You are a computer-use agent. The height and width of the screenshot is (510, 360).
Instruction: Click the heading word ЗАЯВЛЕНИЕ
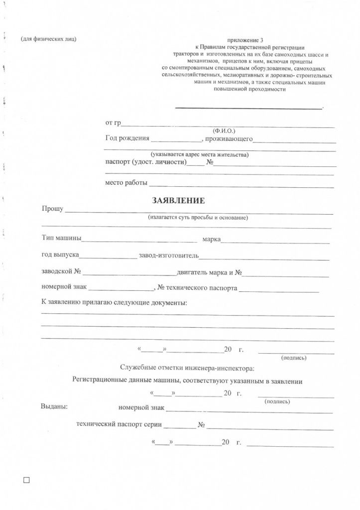(178, 201)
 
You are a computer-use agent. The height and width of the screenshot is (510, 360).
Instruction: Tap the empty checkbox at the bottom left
(27, 480)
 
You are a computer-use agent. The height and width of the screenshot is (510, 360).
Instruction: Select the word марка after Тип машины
(211, 240)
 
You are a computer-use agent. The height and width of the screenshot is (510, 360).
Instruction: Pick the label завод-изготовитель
(169, 255)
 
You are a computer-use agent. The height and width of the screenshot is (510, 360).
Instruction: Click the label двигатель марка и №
(209, 272)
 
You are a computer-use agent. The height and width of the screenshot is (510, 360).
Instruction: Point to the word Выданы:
(54, 407)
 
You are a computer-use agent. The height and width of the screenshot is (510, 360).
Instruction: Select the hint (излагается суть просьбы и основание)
(198, 218)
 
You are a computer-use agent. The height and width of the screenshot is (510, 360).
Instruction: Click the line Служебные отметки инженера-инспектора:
(187, 368)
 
